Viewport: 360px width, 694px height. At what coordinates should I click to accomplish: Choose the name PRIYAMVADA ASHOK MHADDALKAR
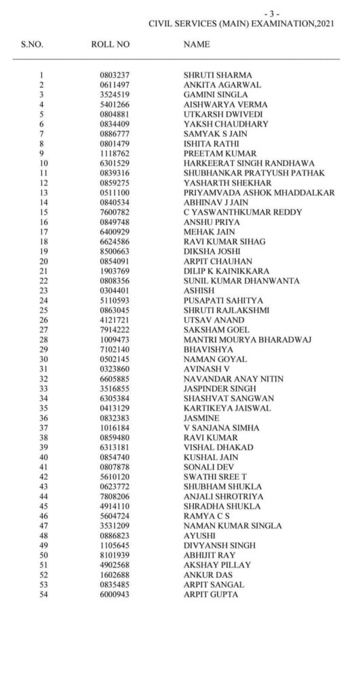(x=259, y=192)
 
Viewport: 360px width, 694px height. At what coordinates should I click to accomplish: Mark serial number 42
(x=43, y=476)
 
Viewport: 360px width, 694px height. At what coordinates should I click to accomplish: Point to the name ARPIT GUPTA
(x=211, y=594)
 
